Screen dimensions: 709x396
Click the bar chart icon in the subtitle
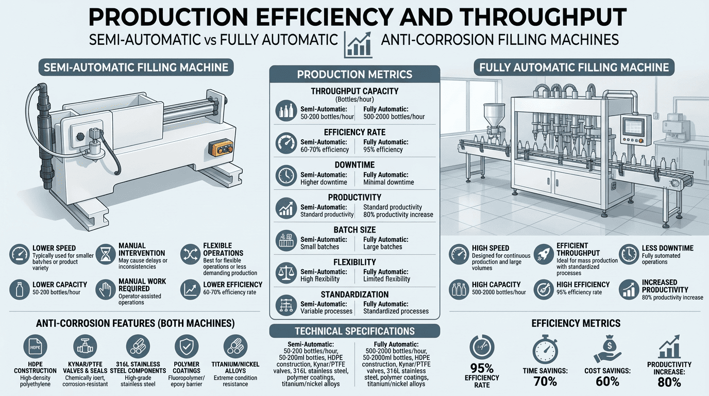point(358,45)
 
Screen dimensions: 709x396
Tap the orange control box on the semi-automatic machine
point(221,148)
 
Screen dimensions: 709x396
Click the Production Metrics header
point(354,74)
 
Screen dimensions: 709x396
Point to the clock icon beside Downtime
point(286,175)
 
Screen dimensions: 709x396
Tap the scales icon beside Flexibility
point(286,272)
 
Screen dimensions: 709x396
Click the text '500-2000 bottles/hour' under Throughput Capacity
point(394,117)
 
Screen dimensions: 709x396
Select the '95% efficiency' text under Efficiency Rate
point(383,150)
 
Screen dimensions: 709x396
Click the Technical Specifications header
point(354,331)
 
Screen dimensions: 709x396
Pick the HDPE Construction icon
point(35,347)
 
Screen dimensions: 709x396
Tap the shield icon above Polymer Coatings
point(187,347)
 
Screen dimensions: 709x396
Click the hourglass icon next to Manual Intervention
point(106,254)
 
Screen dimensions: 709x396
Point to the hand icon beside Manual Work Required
point(106,290)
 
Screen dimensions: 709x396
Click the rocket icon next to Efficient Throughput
point(544,254)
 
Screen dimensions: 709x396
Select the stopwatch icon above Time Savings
point(545,350)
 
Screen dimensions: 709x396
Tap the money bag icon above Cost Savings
point(607,349)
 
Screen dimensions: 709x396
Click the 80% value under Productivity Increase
point(669,383)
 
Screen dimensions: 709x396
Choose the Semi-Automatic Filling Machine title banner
point(136,68)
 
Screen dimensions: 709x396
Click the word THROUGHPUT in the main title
point(513,17)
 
